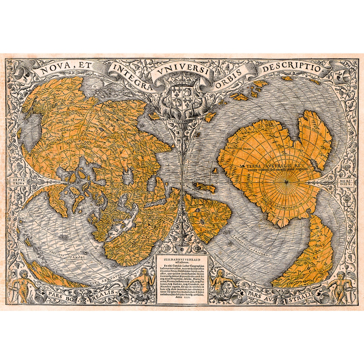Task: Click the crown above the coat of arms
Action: coord(182,81)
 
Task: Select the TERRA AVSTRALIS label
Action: coord(270,166)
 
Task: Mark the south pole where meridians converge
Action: coord(286,182)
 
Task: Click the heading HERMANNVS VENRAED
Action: coord(182,259)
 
